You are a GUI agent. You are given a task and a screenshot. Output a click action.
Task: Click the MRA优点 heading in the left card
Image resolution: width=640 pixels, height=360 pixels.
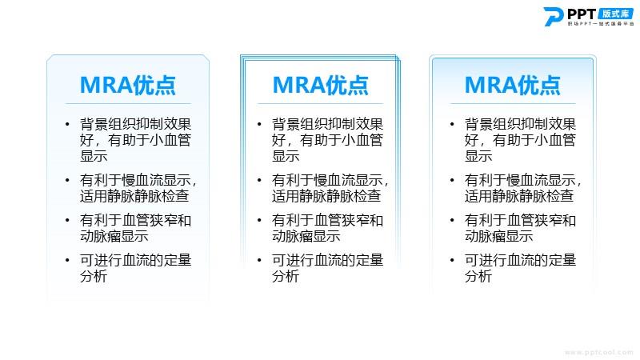pos(128,85)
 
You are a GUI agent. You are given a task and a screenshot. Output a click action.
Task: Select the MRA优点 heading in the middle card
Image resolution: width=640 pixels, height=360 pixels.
pos(321,85)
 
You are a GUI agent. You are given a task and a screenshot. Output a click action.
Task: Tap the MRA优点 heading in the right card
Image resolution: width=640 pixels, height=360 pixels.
pos(513,85)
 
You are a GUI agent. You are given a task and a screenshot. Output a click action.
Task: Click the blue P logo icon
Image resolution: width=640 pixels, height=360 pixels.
pos(554,16)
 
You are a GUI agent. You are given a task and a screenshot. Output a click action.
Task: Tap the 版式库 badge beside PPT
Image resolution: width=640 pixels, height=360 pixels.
pos(615,14)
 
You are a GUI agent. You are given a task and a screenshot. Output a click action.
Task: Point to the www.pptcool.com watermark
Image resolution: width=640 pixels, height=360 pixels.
pos(598,352)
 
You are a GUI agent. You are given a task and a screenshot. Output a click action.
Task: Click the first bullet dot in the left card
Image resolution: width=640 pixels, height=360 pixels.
pos(67,124)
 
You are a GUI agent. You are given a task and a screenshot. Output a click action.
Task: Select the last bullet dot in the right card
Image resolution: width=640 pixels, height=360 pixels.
pos(452,260)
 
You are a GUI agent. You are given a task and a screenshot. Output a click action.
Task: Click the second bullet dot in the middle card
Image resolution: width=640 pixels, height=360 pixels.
pos(259,180)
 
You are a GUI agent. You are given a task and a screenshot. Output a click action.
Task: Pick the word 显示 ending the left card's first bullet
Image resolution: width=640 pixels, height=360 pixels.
pos(94,156)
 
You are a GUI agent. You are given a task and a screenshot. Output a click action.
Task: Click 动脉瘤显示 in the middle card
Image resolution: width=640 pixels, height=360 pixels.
pos(306,236)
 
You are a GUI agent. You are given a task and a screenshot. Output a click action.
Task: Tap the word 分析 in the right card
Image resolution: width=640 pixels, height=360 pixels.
pos(478,276)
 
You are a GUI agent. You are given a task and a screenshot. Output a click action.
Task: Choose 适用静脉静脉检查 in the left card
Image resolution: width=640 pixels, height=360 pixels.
pos(134,196)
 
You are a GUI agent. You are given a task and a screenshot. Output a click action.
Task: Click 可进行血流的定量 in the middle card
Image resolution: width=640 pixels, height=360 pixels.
pos(328,260)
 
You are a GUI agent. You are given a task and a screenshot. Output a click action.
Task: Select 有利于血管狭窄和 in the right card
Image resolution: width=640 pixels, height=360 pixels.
pos(520,221)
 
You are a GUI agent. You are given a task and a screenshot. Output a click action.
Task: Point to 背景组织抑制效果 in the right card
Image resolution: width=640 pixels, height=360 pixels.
pos(520,124)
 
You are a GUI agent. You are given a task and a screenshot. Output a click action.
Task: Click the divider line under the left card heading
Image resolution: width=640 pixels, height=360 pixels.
pos(128,104)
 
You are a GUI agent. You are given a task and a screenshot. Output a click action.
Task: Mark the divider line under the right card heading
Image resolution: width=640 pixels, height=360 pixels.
pos(513,104)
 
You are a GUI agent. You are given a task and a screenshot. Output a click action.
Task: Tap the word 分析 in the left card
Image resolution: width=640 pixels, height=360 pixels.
pos(94,276)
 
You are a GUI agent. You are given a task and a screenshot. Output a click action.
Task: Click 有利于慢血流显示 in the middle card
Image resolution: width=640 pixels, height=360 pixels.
pos(327,180)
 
